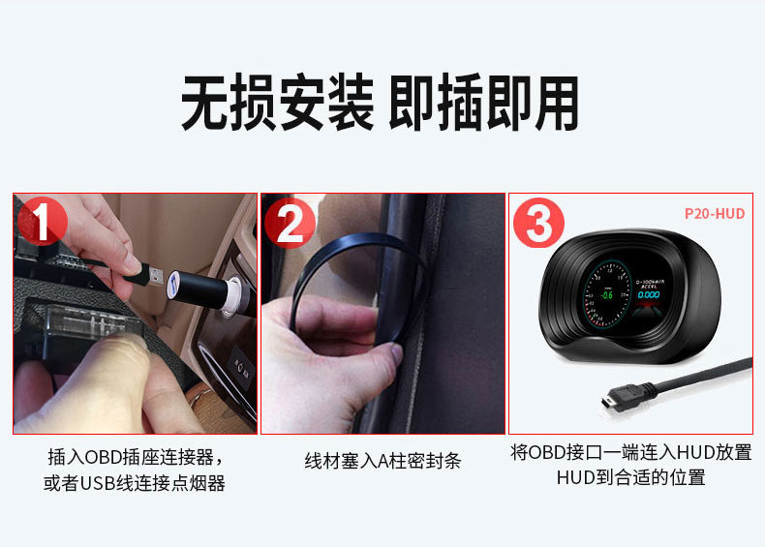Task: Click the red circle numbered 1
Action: tap(41, 222)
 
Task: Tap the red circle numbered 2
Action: tap(290, 224)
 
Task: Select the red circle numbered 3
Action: tap(538, 225)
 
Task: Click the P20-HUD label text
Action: tap(714, 213)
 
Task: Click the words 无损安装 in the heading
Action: tap(278, 105)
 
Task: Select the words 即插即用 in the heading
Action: tap(483, 105)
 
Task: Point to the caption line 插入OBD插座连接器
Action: tap(135, 456)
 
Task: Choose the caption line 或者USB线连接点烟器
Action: tap(135, 483)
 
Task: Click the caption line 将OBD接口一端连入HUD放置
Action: tap(630, 452)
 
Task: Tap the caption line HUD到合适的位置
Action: tap(630, 477)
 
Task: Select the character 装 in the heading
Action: tap(351, 105)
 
